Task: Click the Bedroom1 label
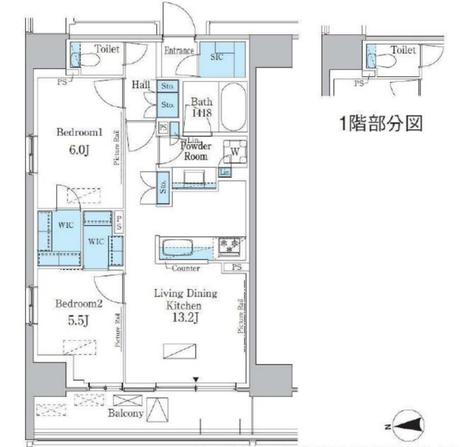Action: (x=79, y=133)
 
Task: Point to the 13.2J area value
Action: (x=185, y=318)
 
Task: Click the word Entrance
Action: (x=179, y=50)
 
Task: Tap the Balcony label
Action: (x=127, y=413)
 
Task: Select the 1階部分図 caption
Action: (x=380, y=123)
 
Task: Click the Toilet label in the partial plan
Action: (x=403, y=50)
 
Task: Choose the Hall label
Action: (x=141, y=84)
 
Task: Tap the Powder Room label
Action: (x=196, y=150)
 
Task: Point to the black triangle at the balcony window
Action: (x=196, y=380)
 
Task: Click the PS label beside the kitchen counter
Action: (x=236, y=267)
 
